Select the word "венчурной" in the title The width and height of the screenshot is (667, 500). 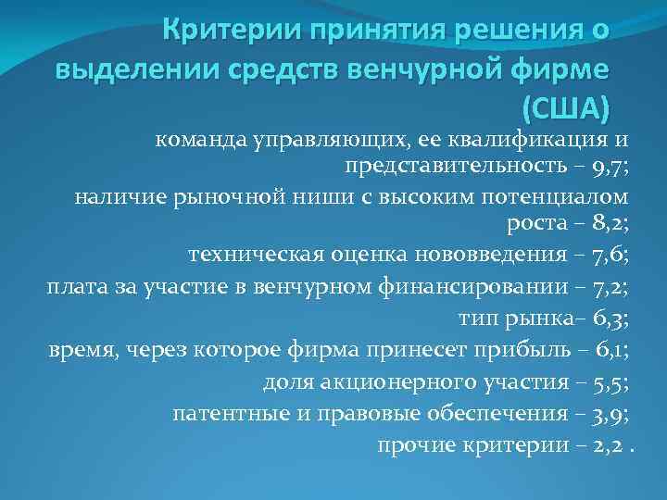click(x=415, y=69)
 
